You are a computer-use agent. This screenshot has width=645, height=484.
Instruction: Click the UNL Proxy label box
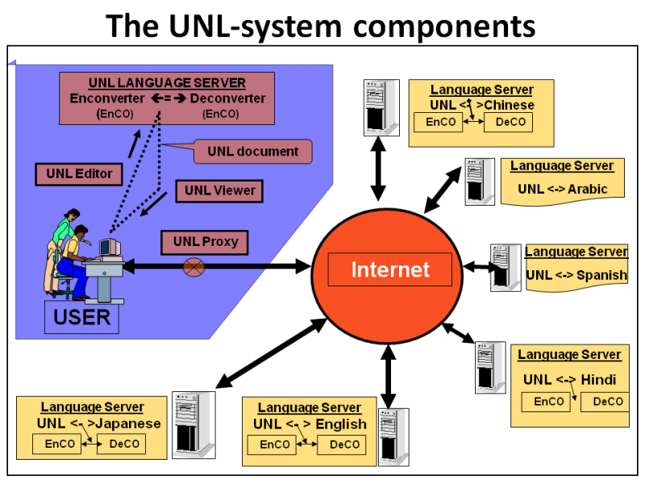click(x=205, y=241)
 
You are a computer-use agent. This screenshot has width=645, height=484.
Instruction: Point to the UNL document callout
click(x=252, y=152)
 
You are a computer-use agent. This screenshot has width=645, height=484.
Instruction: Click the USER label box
click(x=81, y=317)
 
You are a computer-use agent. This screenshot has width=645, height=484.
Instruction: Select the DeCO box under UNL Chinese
click(x=510, y=123)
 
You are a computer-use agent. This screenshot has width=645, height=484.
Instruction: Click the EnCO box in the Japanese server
click(x=60, y=444)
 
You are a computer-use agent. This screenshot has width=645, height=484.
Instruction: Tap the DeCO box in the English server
click(x=344, y=444)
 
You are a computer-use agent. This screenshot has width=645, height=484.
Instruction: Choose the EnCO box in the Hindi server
click(x=549, y=402)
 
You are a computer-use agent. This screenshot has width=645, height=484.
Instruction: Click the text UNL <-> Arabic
click(x=562, y=190)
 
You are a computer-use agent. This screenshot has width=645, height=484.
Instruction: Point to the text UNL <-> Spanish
click(x=576, y=275)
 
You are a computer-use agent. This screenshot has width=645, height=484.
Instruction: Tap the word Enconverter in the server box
click(x=107, y=98)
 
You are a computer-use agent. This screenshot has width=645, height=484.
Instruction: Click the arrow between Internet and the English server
click(x=389, y=375)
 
